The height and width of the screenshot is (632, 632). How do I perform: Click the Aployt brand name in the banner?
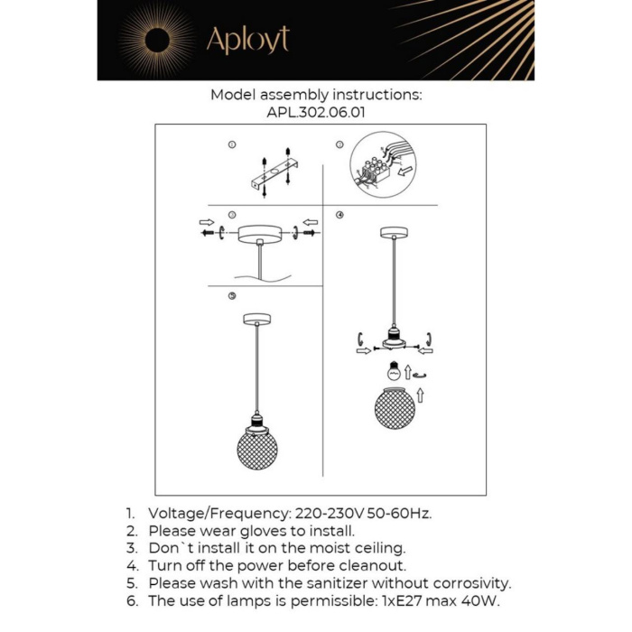[x=247, y=40]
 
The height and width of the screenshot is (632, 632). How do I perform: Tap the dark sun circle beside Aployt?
[x=156, y=40]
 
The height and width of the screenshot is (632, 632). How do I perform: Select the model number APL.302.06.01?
[x=316, y=113]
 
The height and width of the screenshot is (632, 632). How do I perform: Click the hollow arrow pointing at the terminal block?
[x=406, y=169]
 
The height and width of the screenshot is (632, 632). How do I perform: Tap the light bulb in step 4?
[x=393, y=370]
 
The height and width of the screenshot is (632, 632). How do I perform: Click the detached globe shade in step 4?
[x=395, y=408]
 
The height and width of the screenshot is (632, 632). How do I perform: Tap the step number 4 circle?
[x=339, y=216]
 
